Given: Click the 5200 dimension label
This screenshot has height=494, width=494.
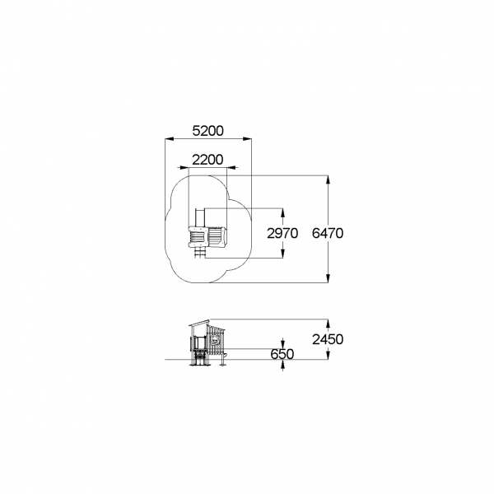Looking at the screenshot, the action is pyautogui.click(x=208, y=131).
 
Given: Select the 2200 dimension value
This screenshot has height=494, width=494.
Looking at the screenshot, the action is pyautogui.click(x=207, y=160).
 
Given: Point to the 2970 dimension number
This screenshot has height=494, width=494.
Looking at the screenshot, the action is pyautogui.click(x=282, y=234).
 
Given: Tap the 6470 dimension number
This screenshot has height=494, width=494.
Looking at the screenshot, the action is pyautogui.click(x=328, y=234).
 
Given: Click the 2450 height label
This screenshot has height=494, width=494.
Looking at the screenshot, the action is pyautogui.click(x=328, y=339).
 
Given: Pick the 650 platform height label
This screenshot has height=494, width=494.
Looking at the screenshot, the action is pyautogui.click(x=282, y=354).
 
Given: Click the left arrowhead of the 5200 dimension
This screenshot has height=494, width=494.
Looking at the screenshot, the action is pyautogui.click(x=170, y=138).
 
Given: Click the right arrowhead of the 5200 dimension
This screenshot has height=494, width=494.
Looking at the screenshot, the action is pyautogui.click(x=247, y=138).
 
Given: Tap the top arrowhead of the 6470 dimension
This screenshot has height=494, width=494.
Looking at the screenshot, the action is pyautogui.click(x=329, y=179).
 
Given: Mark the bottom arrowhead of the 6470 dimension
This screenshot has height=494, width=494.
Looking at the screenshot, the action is pyautogui.click(x=329, y=278).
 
